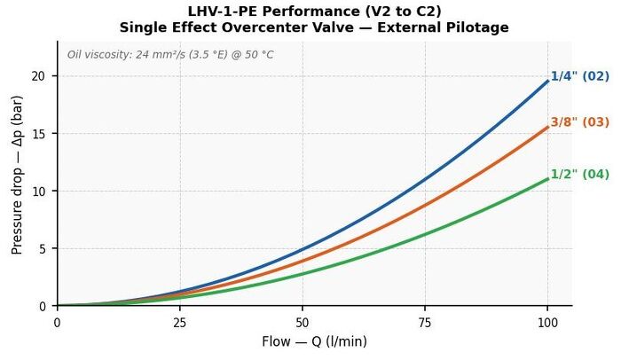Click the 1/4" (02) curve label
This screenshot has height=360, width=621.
pyautogui.click(x=580, y=76)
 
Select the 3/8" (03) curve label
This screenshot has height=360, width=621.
pyautogui.click(x=580, y=122)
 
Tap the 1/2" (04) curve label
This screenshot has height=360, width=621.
pyautogui.click(x=580, y=175)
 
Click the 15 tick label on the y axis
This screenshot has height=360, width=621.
pyautogui.click(x=38, y=134)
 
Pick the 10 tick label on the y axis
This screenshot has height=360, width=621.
pyautogui.click(x=38, y=191)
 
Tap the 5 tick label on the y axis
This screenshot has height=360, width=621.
pyautogui.click(x=42, y=248)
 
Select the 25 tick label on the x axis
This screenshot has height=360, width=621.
pyautogui.click(x=180, y=323)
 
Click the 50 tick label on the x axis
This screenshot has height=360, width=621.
pyautogui.click(x=303, y=323)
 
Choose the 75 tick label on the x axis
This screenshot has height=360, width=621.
pyautogui.click(x=425, y=323)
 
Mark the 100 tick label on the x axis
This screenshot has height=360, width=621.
pyautogui.click(x=547, y=323)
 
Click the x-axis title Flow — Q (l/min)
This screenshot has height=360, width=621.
pyautogui.click(x=314, y=341)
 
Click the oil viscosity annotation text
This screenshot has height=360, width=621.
pyautogui.click(x=170, y=54)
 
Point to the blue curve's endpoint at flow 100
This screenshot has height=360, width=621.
pyautogui.click(x=547, y=81)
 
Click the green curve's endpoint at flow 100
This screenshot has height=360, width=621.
pyautogui.click(x=547, y=179)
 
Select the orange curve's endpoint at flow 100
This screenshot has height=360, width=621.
pyautogui.click(x=547, y=127)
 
